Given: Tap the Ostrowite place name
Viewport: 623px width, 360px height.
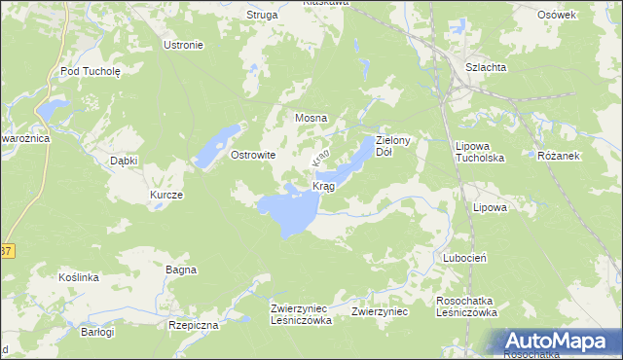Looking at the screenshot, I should point(253,155).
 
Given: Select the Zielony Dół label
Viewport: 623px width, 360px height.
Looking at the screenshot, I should point(396,147).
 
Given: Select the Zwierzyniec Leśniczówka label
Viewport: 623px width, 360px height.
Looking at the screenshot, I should point(302,313).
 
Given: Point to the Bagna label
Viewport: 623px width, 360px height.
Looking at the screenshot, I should point(181,270).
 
